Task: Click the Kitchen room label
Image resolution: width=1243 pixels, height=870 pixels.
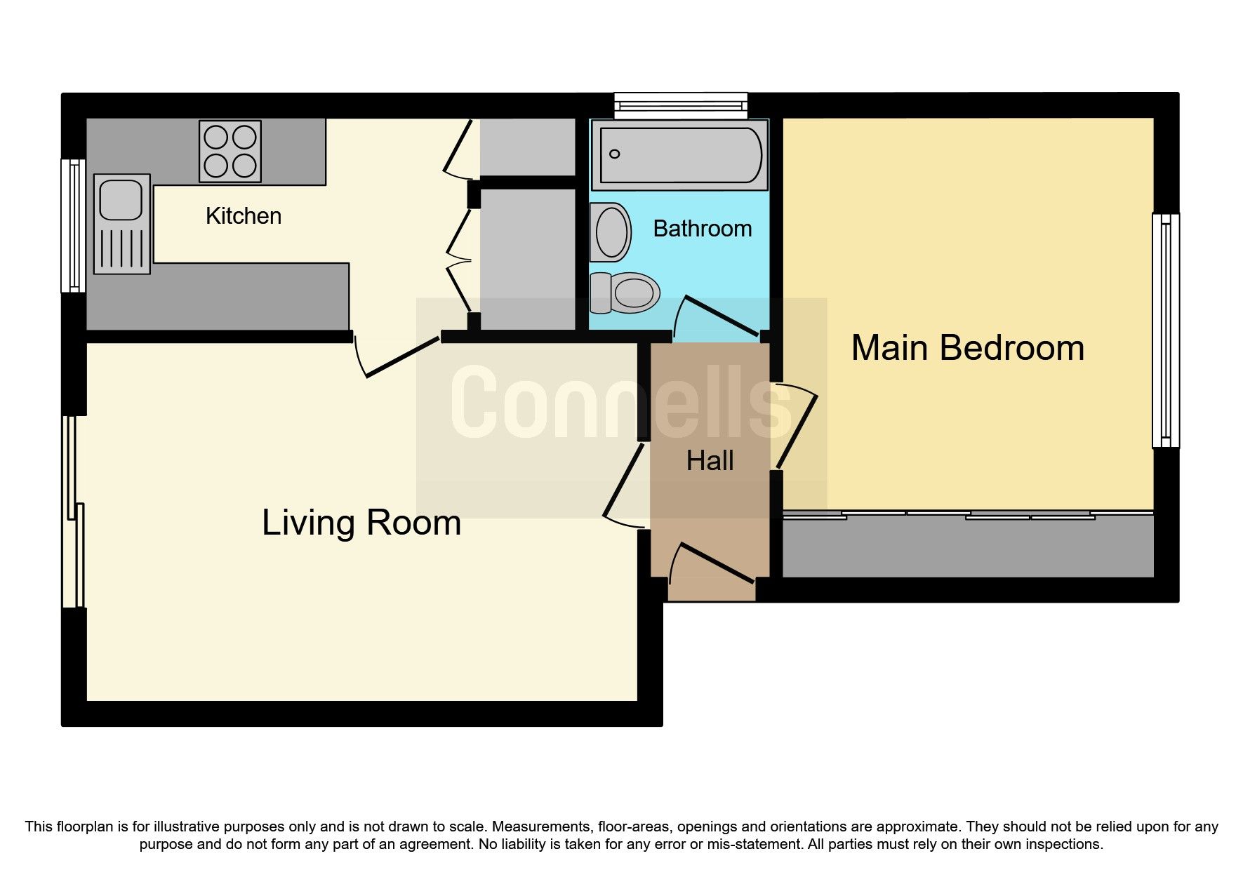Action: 243,216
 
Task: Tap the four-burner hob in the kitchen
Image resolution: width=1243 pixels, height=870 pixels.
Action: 230,152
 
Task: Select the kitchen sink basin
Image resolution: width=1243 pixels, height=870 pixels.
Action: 121,199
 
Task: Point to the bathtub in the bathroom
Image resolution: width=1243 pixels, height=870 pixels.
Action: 679,154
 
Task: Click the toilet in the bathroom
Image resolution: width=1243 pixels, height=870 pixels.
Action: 626,293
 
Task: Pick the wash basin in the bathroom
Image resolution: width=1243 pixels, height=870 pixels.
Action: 610,232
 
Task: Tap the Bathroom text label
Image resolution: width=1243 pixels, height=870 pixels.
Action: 702,229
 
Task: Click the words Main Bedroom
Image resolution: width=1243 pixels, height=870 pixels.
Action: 967,348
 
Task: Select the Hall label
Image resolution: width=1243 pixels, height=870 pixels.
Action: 710,461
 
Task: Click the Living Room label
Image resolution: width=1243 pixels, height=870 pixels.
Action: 361,523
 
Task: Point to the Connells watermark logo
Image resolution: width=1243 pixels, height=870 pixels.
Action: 621,403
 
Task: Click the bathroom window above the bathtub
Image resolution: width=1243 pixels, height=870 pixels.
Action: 680,106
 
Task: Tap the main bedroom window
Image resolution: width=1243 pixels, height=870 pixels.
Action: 1165,330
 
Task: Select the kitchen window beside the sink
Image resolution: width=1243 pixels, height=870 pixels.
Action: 72,225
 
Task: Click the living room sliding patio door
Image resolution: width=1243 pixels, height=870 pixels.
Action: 74,512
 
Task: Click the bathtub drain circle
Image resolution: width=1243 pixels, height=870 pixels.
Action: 615,154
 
